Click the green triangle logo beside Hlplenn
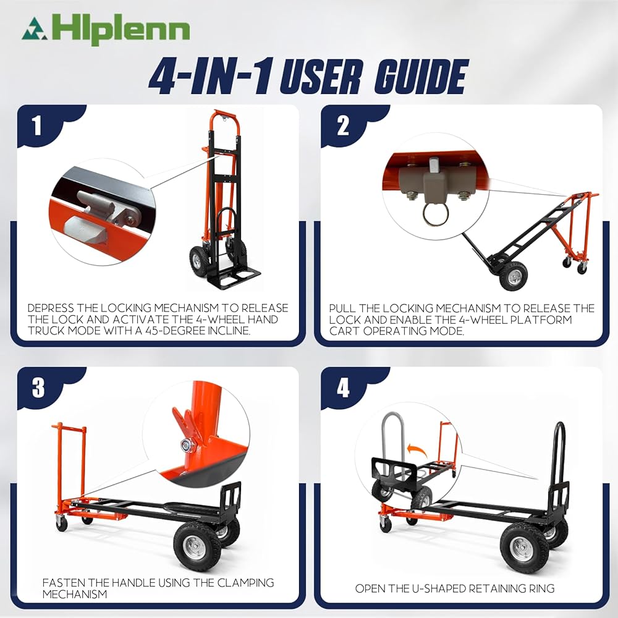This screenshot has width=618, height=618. pyautogui.click(x=35, y=29)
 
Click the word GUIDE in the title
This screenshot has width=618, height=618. pyautogui.click(x=421, y=77)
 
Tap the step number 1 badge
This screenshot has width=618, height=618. pyautogui.click(x=36, y=125)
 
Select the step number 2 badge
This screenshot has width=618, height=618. pyautogui.click(x=343, y=125)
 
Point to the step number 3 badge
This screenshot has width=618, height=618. pyautogui.click(x=38, y=388)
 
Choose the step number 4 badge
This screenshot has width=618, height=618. pyautogui.click(x=343, y=388)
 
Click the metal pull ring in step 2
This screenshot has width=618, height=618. pyautogui.click(x=436, y=214)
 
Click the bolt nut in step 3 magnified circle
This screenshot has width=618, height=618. pyautogui.click(x=187, y=446)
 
